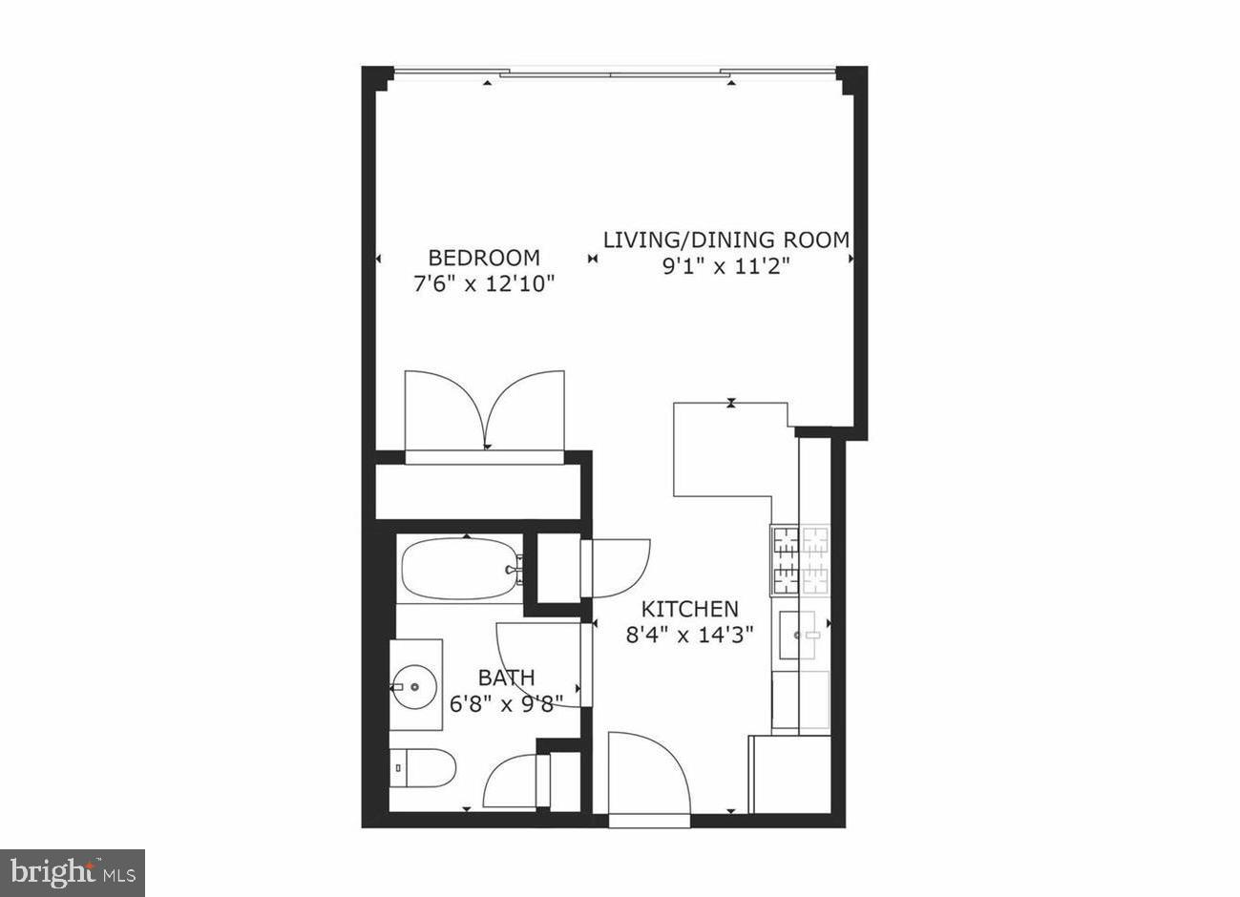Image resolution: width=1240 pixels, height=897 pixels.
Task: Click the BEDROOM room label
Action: pyautogui.click(x=483, y=258)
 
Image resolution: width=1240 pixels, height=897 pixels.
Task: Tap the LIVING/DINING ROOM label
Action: pyautogui.click(x=725, y=240)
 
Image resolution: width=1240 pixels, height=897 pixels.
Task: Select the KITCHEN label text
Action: pyautogui.click(x=689, y=609)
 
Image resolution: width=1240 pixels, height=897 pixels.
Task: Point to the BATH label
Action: pyautogui.click(x=506, y=678)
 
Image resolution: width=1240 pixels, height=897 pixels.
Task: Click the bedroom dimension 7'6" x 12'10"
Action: pyautogui.click(x=483, y=283)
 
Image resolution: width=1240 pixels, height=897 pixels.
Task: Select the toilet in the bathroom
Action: pyautogui.click(x=424, y=766)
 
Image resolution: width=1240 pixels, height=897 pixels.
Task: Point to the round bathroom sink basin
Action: pyautogui.click(x=414, y=684)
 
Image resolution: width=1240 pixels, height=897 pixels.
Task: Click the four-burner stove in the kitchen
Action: pyautogui.click(x=800, y=560)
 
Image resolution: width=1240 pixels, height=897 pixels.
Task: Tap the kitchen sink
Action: pyautogui.click(x=802, y=634)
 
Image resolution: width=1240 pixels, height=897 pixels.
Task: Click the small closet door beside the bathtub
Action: pyautogui.click(x=618, y=567)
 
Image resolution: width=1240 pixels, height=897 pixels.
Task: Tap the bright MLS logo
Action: pyautogui.click(x=73, y=872)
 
